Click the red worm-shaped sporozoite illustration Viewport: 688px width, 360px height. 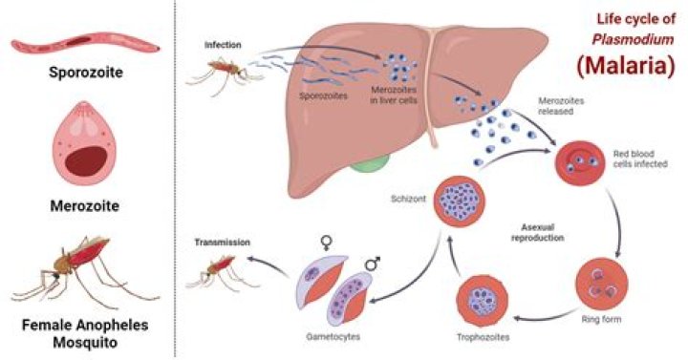86,43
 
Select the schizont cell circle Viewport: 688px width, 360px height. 456,201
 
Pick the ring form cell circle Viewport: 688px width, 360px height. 599,284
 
